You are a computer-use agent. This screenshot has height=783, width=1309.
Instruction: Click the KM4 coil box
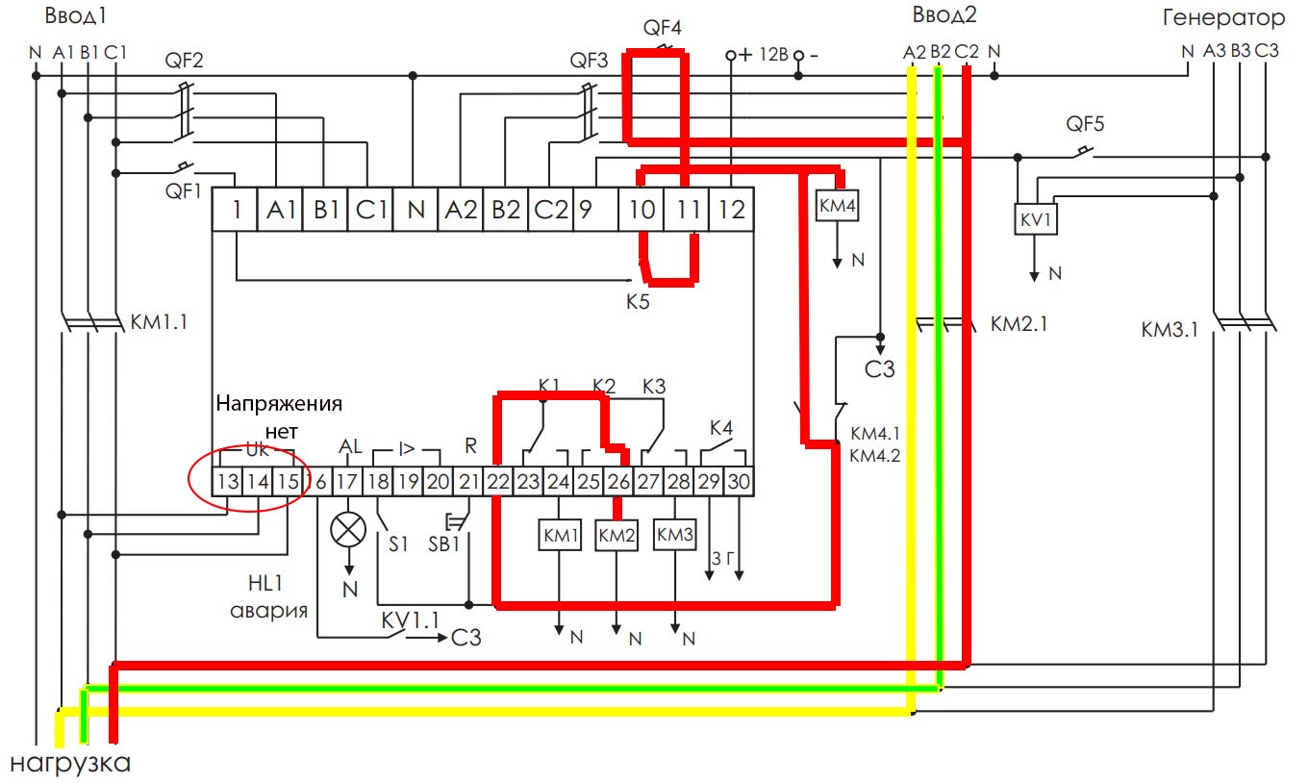tap(837, 205)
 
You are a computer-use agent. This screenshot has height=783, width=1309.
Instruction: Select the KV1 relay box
tap(1036, 219)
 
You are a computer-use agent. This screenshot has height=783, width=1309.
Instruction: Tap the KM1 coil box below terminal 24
tap(560, 536)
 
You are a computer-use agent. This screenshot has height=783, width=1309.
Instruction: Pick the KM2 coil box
tap(617, 536)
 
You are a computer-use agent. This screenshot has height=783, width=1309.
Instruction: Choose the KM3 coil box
tap(675, 536)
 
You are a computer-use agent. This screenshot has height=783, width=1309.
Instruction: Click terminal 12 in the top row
tap(731, 209)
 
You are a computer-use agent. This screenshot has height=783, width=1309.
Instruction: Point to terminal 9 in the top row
tap(585, 209)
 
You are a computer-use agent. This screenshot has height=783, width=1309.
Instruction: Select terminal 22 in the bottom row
tap(497, 481)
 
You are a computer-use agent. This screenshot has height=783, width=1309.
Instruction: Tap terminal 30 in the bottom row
tap(738, 481)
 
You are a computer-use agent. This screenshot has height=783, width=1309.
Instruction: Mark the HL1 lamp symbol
tap(347, 528)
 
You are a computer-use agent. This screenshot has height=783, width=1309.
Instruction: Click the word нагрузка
tap(70, 765)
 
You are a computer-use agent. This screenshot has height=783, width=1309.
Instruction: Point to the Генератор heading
tap(1222, 18)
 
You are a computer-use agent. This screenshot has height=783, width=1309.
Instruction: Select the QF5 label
tap(1085, 124)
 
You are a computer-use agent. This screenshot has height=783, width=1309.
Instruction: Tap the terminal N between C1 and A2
tap(415, 209)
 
